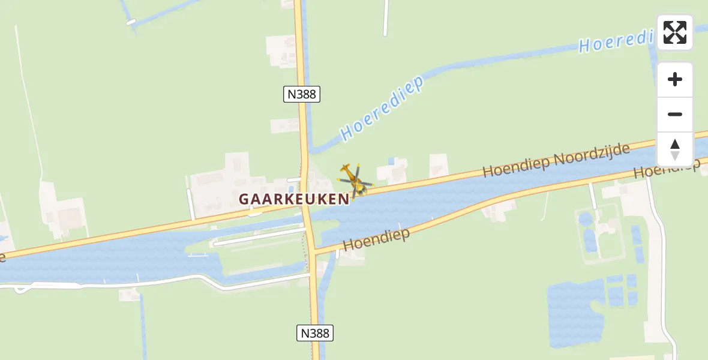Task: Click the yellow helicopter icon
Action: point(355,180)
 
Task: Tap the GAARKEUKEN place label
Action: point(293,199)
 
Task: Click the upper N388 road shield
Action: point(302,94)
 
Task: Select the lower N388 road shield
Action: point(315,332)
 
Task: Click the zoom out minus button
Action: point(675,114)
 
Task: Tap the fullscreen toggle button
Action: point(675,32)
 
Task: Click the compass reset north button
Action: point(675,149)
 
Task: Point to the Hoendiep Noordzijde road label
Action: point(556,160)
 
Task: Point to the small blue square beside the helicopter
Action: point(391,161)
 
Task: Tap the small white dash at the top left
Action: point(131,22)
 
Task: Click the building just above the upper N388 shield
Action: point(281,48)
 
